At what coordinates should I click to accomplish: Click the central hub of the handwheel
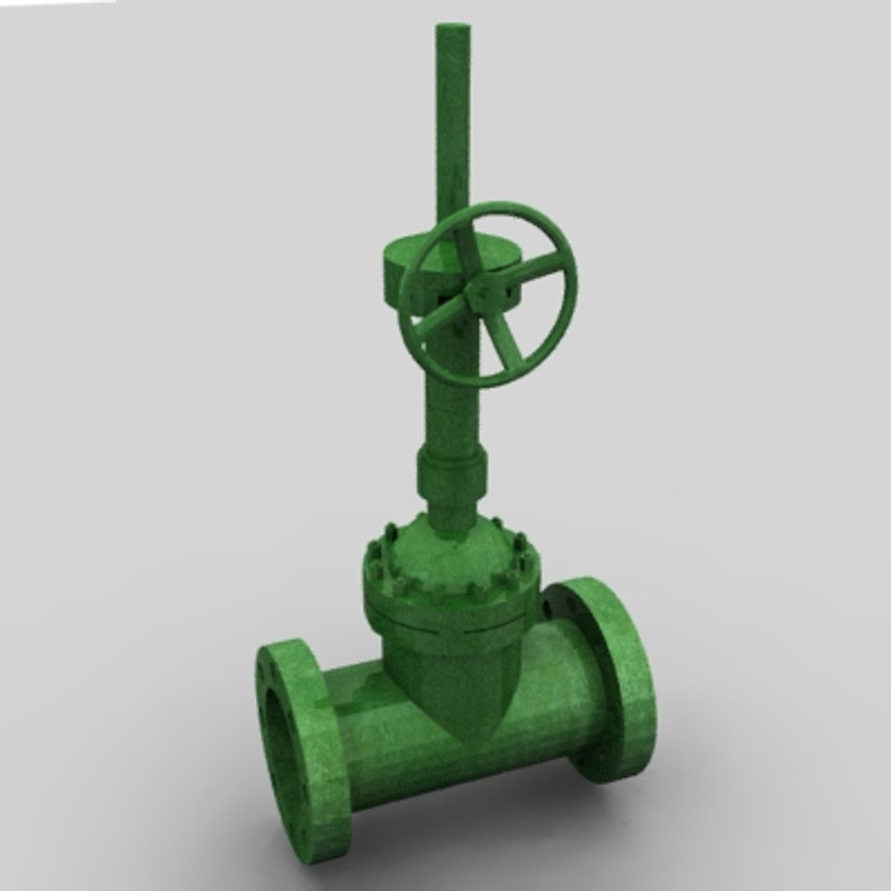(x=478, y=295)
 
